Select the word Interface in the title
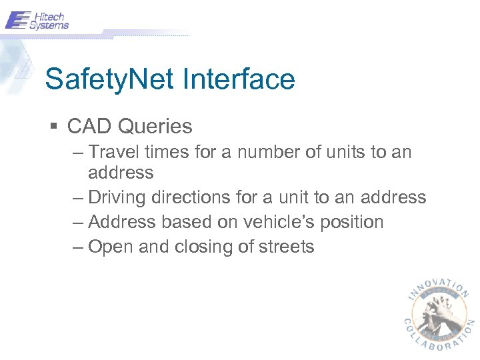[x=238, y=80]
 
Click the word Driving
[x=117, y=197]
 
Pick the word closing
[x=205, y=247]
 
